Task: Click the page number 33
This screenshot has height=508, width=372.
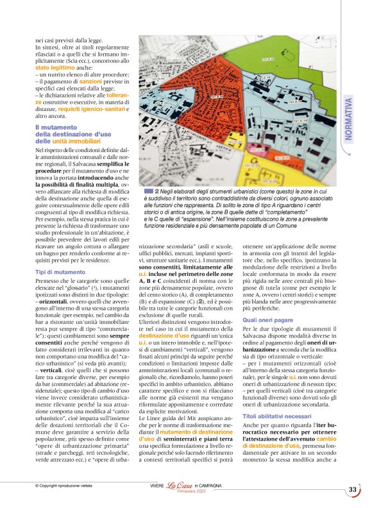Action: coord(353,490)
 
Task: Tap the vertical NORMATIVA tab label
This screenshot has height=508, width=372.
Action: coord(348,121)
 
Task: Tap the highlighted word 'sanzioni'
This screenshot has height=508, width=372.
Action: coord(90,82)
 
